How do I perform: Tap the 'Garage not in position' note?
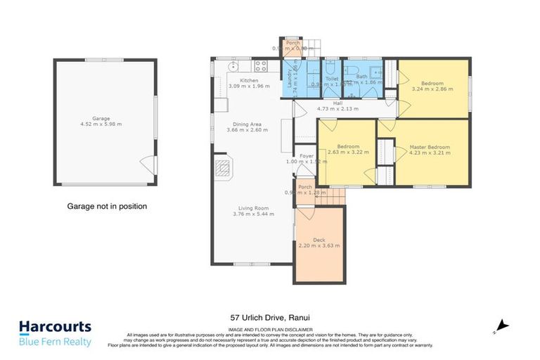tap(107, 207)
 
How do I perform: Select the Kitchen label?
tap(249, 81)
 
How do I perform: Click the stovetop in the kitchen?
tap(261, 67)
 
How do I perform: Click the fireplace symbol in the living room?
tap(223, 169)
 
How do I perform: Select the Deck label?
tap(319, 240)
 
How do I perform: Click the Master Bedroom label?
tap(430, 147)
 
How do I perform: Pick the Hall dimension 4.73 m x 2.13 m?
tap(337, 110)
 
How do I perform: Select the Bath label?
tap(361, 76)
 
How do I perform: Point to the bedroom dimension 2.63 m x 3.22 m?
tap(343, 153)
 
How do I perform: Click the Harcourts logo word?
tap(55, 327)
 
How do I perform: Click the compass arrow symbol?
tap(500, 325)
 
